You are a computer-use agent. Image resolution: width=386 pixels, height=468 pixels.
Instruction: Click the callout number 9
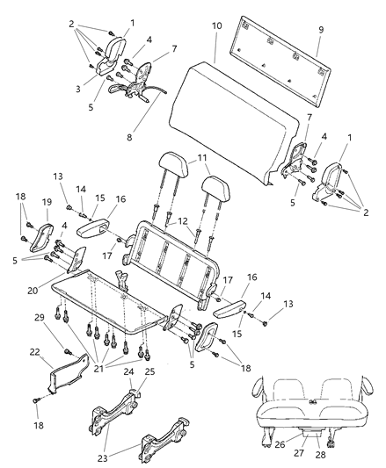click(320, 29)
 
